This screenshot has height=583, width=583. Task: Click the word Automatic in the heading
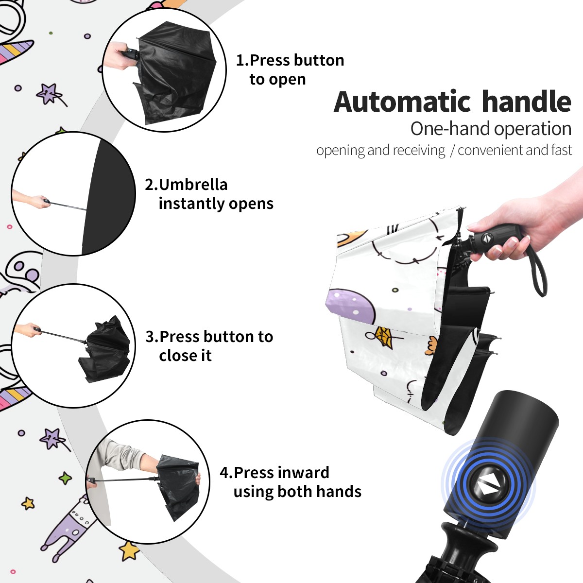402,102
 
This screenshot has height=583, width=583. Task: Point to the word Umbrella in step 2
193,185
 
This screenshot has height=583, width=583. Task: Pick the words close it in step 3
185,355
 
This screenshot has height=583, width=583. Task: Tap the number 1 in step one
240,60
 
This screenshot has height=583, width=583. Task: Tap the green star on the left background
65,478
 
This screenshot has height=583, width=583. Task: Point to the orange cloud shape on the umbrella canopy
431,345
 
